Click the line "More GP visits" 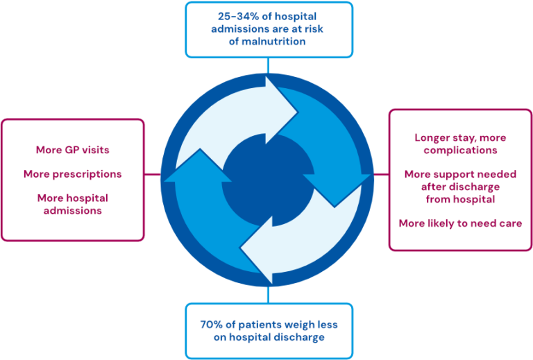(72, 149)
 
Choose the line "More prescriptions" (72, 174)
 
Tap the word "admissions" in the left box (72, 210)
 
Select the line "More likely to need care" (460, 223)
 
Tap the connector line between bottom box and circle (268, 294)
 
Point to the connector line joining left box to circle (152, 174)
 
